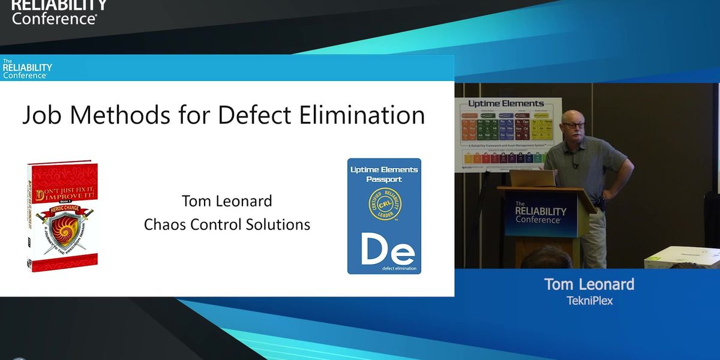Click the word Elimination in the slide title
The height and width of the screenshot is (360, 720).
point(365,114)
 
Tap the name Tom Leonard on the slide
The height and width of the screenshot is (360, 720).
point(227,200)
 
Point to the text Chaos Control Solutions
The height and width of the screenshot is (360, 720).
point(227,224)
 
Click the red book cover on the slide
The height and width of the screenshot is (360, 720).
point(62,215)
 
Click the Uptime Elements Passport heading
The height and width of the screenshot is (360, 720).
point(384,174)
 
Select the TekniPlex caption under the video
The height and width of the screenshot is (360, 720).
point(590,301)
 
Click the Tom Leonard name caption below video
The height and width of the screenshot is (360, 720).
point(589,284)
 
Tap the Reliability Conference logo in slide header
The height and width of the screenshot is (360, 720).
point(27,68)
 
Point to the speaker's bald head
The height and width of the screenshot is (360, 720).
point(571,115)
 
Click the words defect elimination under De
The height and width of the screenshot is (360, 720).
point(384,269)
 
